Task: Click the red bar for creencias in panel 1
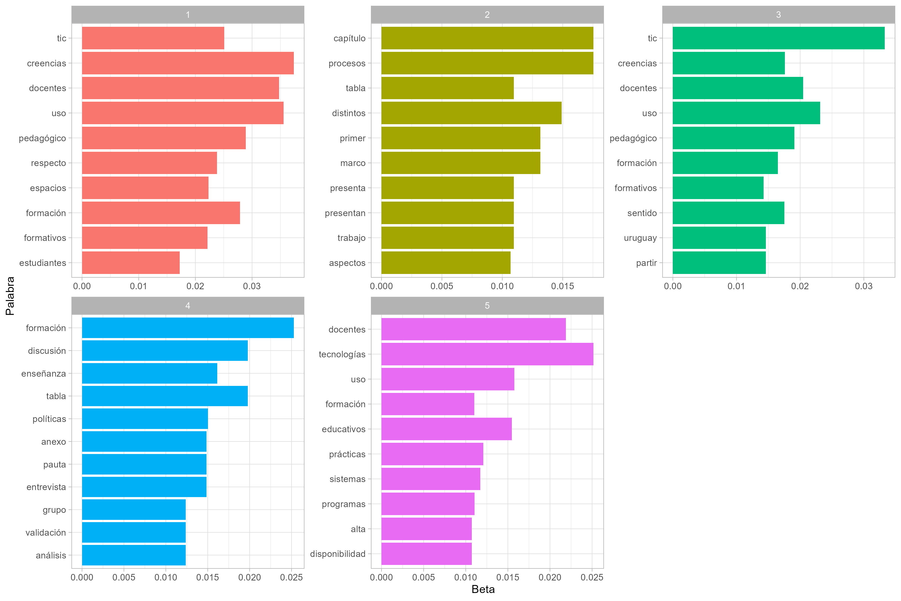(x=188, y=63)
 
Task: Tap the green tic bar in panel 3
(x=778, y=38)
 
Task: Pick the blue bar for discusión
(x=165, y=351)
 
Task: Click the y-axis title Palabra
(x=10, y=296)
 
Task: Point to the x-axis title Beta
(x=483, y=589)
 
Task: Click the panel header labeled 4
(x=188, y=306)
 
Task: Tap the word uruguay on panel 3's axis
(x=640, y=238)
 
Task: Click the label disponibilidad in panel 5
(x=337, y=554)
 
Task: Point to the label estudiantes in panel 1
(x=43, y=263)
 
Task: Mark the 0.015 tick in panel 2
(x=562, y=286)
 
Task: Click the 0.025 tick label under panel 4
(x=292, y=577)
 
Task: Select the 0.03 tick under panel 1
(x=252, y=286)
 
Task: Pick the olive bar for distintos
(x=471, y=113)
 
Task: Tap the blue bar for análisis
(x=134, y=555)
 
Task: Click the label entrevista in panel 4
(x=46, y=487)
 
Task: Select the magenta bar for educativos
(x=446, y=429)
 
